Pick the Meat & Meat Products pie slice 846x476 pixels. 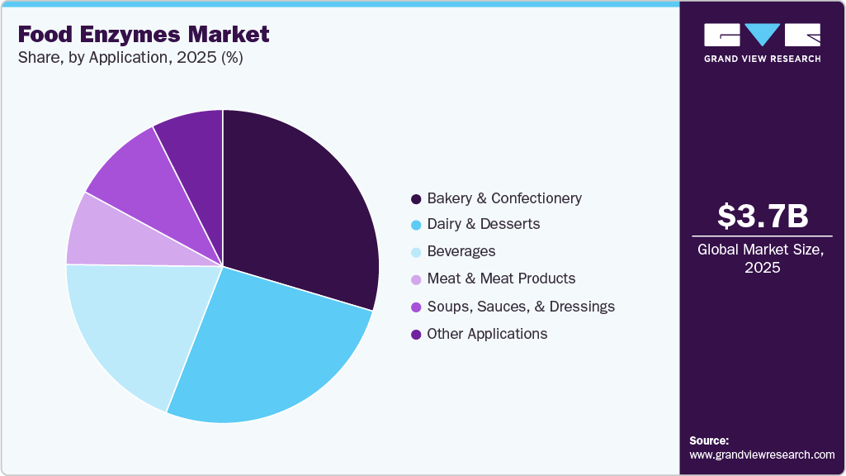[107, 236]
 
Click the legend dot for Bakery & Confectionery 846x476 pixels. [416, 199]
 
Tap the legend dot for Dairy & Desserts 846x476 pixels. [416, 225]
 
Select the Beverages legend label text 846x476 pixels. [461, 251]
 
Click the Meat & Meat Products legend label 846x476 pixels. [501, 278]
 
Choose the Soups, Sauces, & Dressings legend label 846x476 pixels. [520, 307]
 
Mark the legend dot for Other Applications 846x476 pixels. [416, 335]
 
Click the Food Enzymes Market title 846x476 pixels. [143, 34]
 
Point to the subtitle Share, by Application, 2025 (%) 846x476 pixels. [130, 58]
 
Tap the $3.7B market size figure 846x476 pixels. [763, 217]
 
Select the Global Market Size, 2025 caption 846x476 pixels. [760, 258]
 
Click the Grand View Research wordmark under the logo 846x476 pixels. [762, 59]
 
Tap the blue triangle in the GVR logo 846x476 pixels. [763, 33]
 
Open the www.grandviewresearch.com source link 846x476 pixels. [762, 455]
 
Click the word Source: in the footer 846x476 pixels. [708, 440]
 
